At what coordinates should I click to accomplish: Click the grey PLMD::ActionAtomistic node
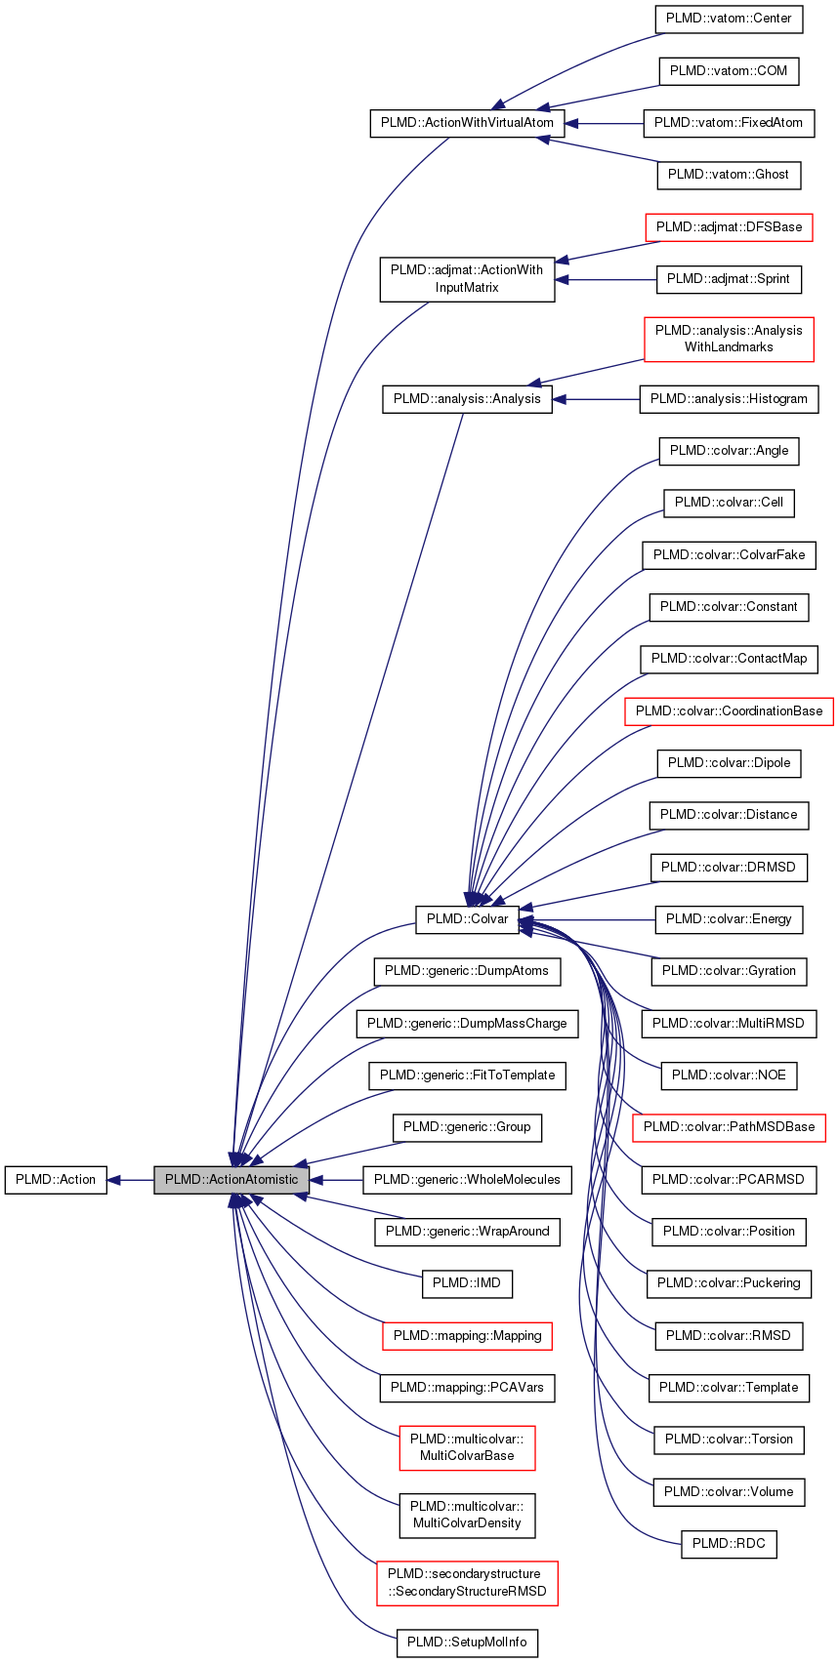pyautogui.click(x=231, y=1179)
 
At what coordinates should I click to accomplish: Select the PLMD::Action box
pyautogui.click(x=56, y=1179)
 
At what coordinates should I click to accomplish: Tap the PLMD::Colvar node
pyautogui.click(x=467, y=919)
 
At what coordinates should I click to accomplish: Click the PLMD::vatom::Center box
pyautogui.click(x=729, y=19)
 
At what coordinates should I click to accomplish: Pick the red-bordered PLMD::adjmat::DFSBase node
pyautogui.click(x=729, y=226)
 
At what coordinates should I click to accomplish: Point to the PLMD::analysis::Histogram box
pyautogui.click(x=729, y=399)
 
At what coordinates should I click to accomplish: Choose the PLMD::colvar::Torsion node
pyautogui.click(x=729, y=1440)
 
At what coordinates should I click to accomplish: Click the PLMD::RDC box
pyautogui.click(x=729, y=1544)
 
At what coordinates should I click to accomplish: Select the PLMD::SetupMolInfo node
pyautogui.click(x=467, y=1642)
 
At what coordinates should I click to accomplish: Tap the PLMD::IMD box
pyautogui.click(x=467, y=1283)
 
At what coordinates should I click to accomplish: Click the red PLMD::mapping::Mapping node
pyautogui.click(x=467, y=1335)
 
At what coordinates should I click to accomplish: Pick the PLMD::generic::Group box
pyautogui.click(x=467, y=1127)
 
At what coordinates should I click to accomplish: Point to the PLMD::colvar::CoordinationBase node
pyautogui.click(x=729, y=710)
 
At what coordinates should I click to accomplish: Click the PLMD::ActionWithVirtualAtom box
pyautogui.click(x=467, y=123)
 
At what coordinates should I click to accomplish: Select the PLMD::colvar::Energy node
pyautogui.click(x=729, y=919)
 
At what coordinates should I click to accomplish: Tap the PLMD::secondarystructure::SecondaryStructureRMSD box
pyautogui.click(x=467, y=1582)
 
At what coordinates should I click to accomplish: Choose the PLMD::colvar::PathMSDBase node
pyautogui.click(x=729, y=1127)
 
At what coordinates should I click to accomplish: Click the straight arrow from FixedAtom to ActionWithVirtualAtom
pyautogui.click(x=604, y=123)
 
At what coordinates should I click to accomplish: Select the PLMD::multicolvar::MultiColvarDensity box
pyautogui.click(x=467, y=1514)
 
